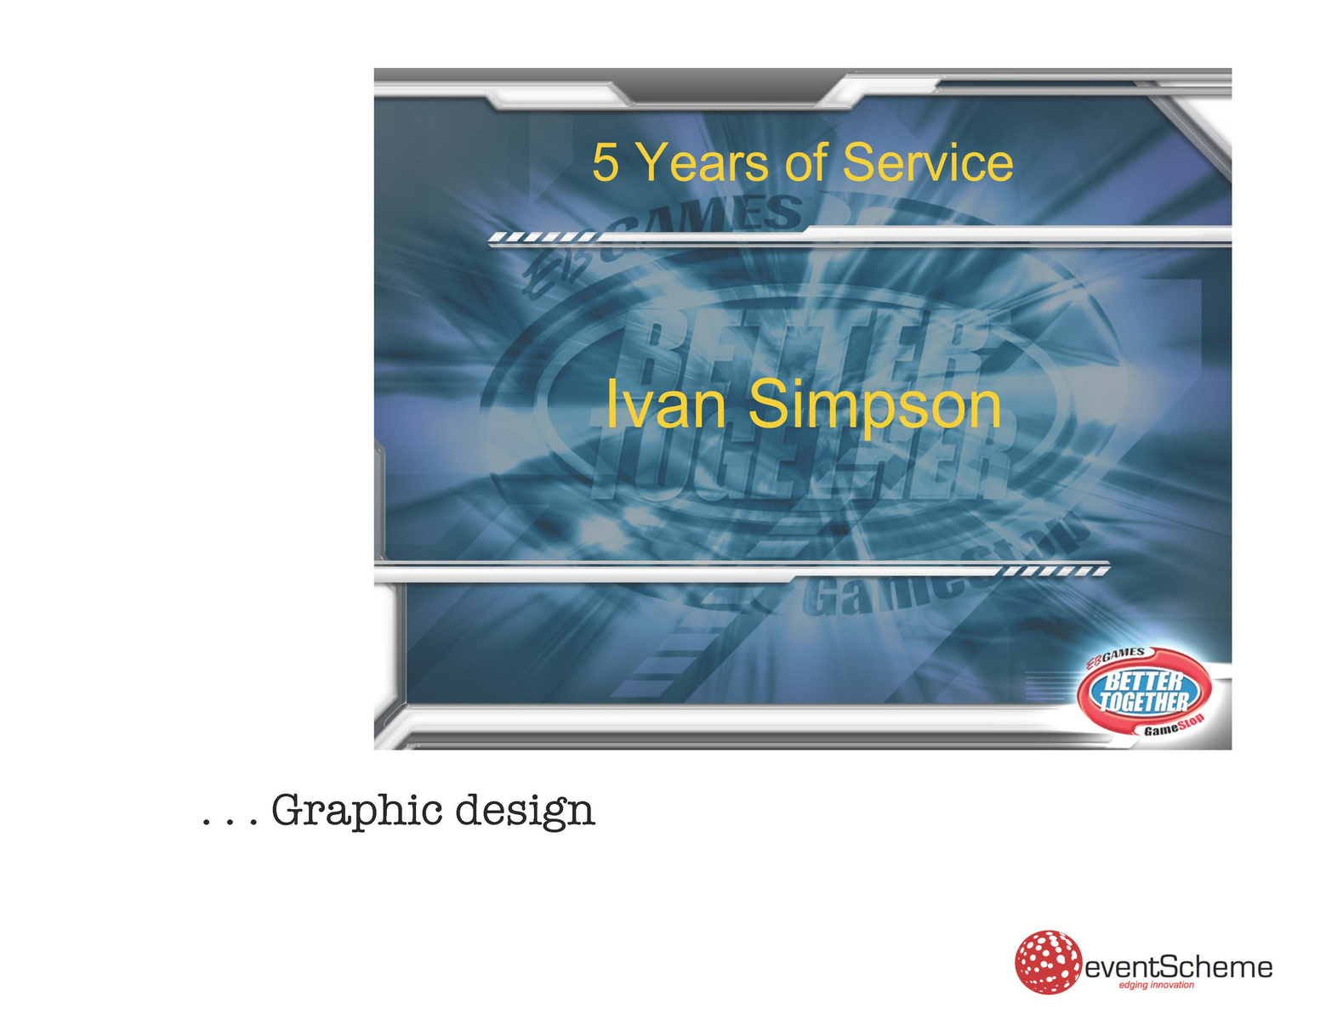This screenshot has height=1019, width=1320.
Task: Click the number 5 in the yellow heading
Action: [x=606, y=162]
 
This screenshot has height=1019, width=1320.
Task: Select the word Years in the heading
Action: [x=704, y=162]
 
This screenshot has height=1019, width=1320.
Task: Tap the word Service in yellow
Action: [x=928, y=162]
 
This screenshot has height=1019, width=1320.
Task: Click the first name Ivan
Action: [x=666, y=405]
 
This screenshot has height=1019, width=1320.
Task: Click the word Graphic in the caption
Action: [x=356, y=811]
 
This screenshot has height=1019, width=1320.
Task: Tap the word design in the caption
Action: [x=525, y=811]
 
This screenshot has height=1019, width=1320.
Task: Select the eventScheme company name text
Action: [x=1178, y=967]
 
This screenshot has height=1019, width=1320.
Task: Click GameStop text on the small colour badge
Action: [x=1173, y=727]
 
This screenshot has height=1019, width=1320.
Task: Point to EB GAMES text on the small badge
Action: [x=1115, y=657]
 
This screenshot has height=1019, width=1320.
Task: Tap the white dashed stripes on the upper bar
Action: [x=543, y=237]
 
